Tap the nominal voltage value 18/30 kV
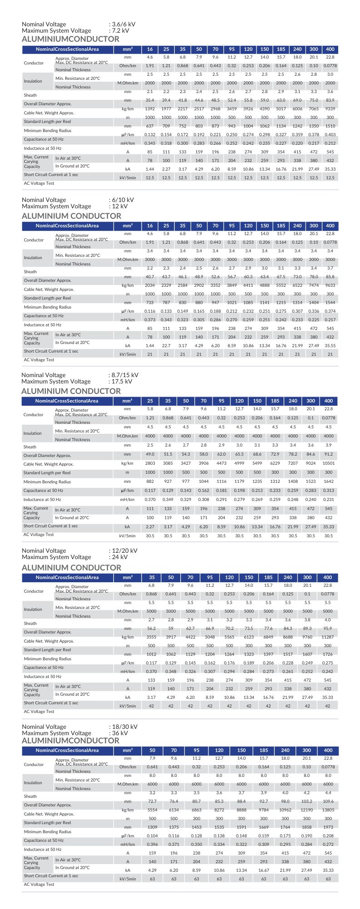124,727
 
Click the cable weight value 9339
330,109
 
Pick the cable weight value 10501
328,463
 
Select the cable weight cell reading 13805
328,810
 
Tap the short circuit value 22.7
166,345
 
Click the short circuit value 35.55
330,345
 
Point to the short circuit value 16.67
264,870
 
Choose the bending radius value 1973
328,827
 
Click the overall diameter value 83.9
330,100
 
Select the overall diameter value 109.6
328,801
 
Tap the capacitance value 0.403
330,135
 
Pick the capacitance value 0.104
153,835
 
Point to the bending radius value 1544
330,302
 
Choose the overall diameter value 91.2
328,454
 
